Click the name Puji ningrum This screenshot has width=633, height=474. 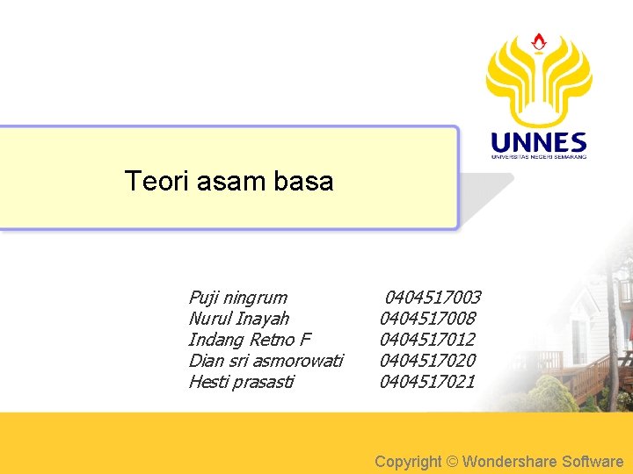[x=237, y=298]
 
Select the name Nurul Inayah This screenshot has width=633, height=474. [x=238, y=319]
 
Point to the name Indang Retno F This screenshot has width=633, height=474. [x=250, y=340]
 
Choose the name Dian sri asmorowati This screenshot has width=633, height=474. [x=266, y=361]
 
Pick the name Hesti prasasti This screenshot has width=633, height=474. [x=241, y=382]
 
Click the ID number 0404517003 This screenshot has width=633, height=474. [x=433, y=298]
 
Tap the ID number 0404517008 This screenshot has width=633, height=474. [x=427, y=319]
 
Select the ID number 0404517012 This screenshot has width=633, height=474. [x=427, y=340]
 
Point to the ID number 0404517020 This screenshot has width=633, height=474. [x=427, y=361]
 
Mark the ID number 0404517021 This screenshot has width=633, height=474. [x=427, y=382]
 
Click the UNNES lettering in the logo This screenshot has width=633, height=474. [x=538, y=142]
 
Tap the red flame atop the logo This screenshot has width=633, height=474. [x=539, y=41]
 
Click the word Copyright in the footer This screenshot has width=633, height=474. [x=408, y=461]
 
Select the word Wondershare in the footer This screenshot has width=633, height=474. [x=513, y=461]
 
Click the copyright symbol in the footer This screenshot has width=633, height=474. [x=453, y=461]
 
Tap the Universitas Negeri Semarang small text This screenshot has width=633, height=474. [x=538, y=156]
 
